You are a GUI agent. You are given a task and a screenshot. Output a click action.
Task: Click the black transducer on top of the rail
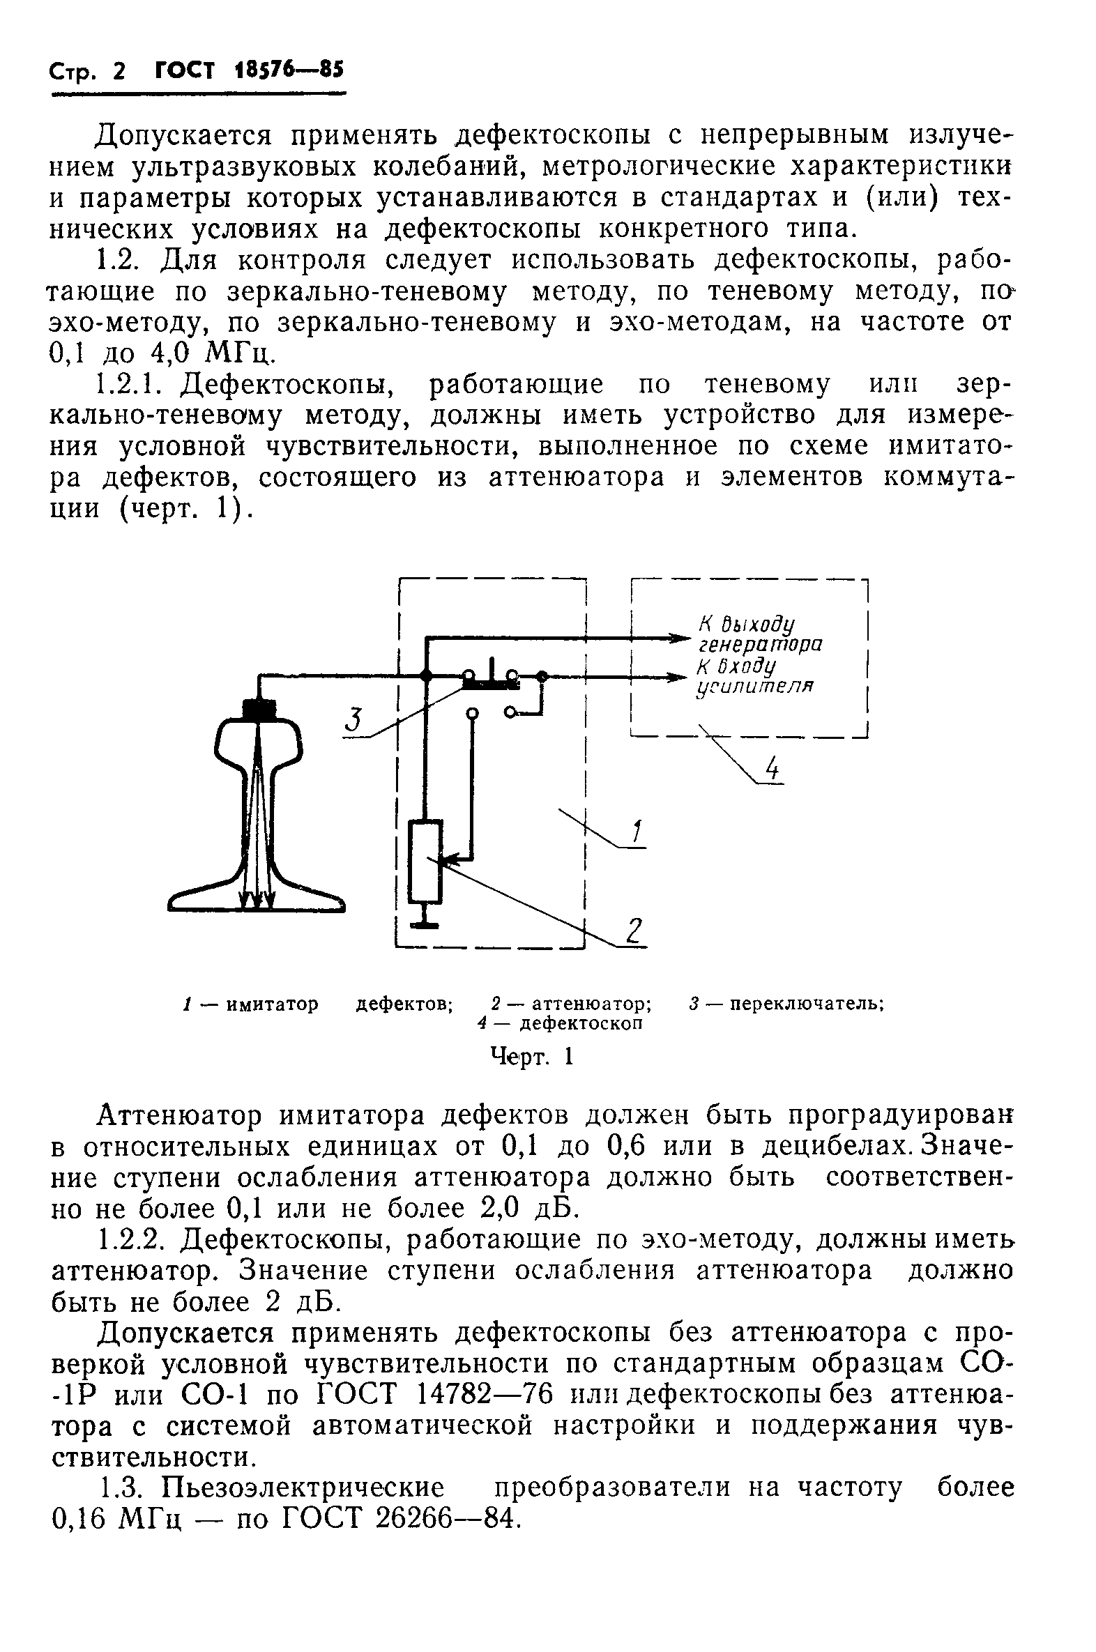click(x=259, y=710)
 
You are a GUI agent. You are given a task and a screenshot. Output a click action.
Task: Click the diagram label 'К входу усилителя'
click(x=756, y=675)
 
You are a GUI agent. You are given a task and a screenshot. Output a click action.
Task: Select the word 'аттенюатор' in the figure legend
click(x=591, y=1004)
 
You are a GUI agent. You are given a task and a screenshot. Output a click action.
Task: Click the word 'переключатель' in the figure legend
click(x=808, y=1004)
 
